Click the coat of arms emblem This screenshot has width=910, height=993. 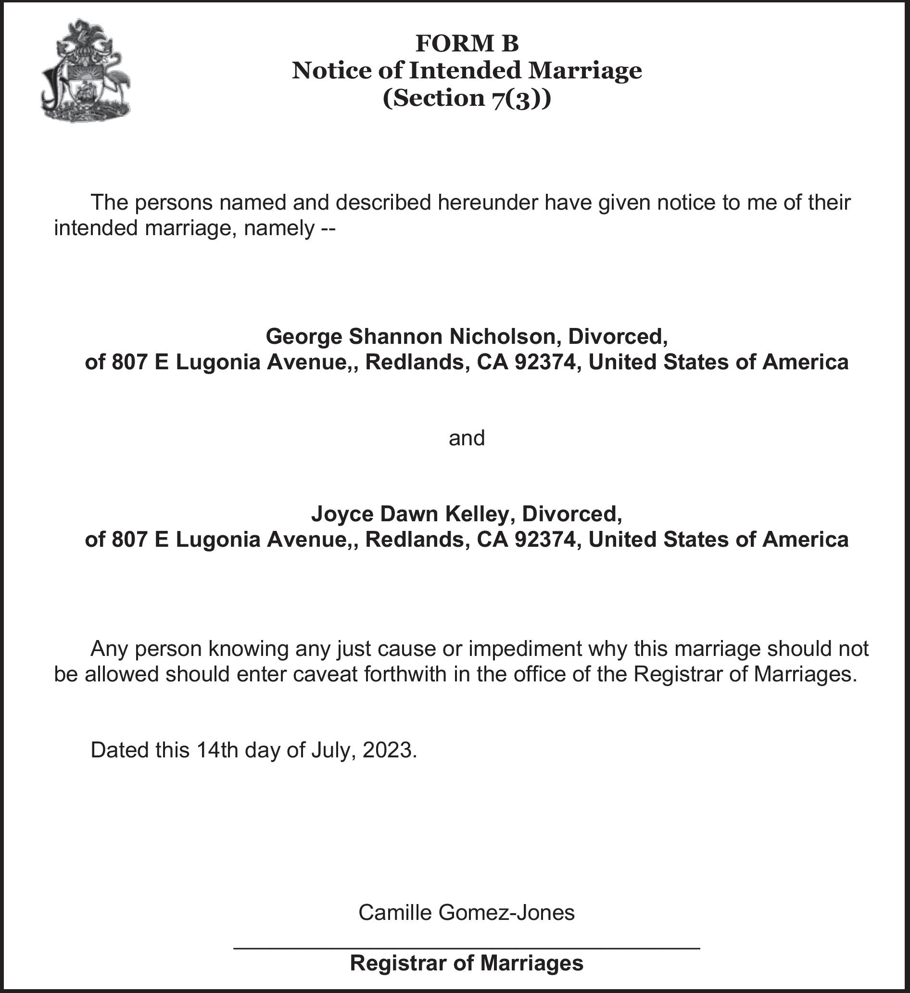tap(86, 71)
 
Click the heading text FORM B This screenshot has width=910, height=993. tap(467, 43)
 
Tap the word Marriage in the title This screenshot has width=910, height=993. tap(585, 70)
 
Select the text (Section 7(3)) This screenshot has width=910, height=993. tap(467, 98)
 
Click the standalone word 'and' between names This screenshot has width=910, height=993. tap(467, 438)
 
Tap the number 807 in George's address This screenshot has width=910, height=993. tap(129, 363)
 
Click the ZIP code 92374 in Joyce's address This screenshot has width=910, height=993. tap(544, 540)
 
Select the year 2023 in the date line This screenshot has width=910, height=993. tap(389, 750)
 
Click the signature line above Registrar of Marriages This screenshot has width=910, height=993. tap(467, 947)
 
